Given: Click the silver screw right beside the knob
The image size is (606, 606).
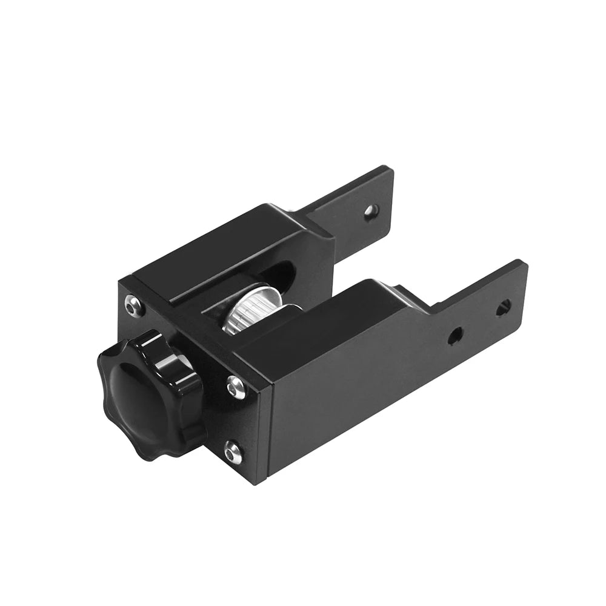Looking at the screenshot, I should coord(236,386).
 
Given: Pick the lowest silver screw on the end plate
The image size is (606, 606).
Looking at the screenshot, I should coord(232,451).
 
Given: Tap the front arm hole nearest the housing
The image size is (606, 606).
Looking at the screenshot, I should coord(456,333).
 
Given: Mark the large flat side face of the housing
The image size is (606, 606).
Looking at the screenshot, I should coord(339,394).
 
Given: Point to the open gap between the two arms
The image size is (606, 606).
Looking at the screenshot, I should coord(388,261).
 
